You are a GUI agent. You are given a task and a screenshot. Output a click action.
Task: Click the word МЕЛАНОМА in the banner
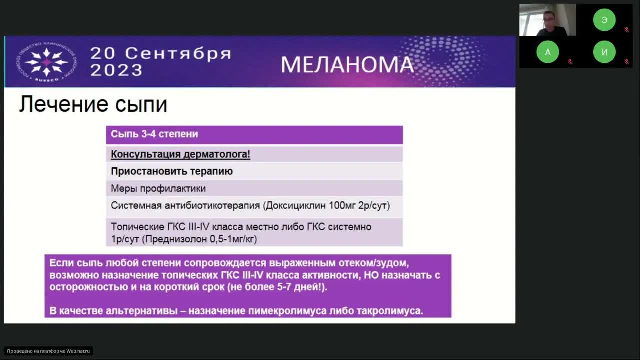click(347, 65)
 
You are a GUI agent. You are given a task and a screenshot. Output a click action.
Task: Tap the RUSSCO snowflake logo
click(46, 62)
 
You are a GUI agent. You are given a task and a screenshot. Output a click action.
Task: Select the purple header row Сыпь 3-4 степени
click(254, 134)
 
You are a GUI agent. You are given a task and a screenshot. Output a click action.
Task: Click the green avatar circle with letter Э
click(604, 20)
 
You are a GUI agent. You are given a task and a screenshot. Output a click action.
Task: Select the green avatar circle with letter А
click(548, 52)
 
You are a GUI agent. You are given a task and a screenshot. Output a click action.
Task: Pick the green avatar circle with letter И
click(604, 52)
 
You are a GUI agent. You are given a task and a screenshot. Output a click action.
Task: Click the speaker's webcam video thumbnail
click(547, 20)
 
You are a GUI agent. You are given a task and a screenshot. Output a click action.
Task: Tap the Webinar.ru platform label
click(48, 351)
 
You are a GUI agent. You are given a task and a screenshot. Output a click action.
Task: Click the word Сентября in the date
click(178, 53)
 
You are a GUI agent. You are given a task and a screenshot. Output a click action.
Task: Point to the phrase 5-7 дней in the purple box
click(299, 287)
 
